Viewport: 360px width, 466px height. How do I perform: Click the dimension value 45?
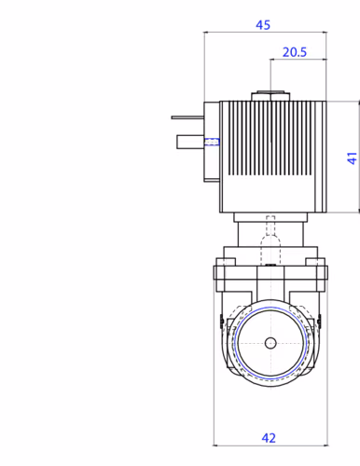click(263, 25)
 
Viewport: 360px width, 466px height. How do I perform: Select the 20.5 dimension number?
click(295, 52)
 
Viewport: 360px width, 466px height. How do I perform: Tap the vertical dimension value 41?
click(353, 158)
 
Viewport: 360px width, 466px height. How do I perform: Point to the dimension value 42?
click(269, 438)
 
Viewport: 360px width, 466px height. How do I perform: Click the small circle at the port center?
click(270, 343)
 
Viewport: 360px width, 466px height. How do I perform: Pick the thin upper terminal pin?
click(187, 117)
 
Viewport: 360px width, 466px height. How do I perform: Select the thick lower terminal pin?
click(190, 142)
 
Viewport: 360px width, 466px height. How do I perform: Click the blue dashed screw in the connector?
click(212, 142)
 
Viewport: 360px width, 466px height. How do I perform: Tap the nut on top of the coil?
click(270, 96)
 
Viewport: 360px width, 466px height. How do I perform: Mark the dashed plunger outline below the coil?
click(270, 240)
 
